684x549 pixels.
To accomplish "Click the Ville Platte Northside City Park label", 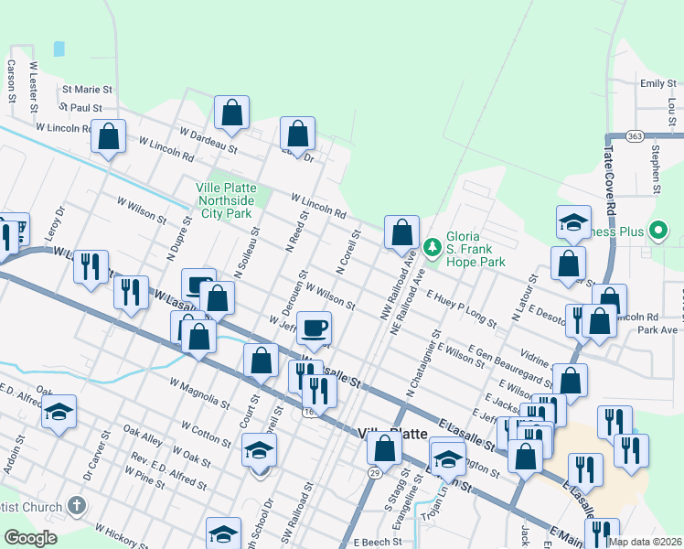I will (225, 199).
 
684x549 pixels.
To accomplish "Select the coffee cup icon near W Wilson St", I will (314, 327).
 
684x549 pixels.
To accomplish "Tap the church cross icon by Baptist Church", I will (78, 505).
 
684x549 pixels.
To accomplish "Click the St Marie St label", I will (87, 91).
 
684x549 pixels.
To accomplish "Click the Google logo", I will (30, 538).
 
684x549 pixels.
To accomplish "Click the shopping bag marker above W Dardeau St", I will (232, 113).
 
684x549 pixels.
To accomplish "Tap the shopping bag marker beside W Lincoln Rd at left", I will (109, 136).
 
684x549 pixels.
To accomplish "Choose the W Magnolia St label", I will (199, 392).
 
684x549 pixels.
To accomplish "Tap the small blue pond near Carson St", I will (59, 48).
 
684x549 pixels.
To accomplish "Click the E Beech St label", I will (377, 542).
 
